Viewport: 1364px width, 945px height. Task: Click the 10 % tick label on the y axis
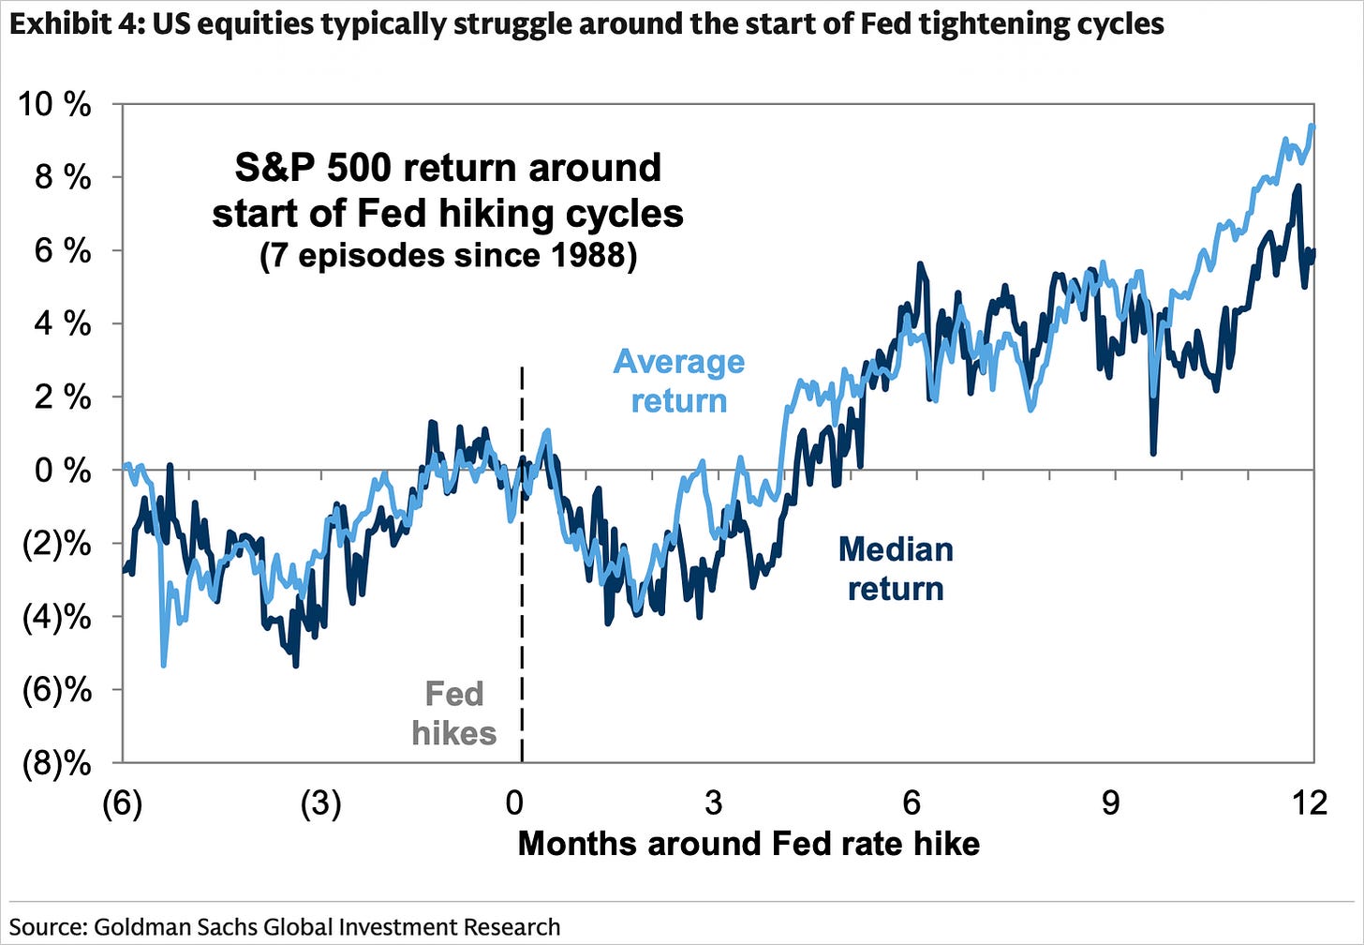[x=54, y=104]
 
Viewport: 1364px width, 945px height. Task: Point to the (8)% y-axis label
[x=56, y=764]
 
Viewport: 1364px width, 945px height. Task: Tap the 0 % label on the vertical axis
[x=63, y=471]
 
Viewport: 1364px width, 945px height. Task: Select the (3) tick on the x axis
[x=321, y=803]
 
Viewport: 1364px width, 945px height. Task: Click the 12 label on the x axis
[x=1310, y=802]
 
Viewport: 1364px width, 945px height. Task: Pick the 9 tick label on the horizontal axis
[x=1111, y=802]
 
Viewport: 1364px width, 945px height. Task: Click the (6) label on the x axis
[x=123, y=803]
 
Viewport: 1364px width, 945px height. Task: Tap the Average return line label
[x=679, y=382]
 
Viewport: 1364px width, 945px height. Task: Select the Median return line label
[x=896, y=569]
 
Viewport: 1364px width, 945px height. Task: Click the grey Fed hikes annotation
[x=454, y=712]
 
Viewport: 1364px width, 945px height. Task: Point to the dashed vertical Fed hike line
[x=523, y=564]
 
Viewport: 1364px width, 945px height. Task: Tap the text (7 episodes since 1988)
[x=448, y=256]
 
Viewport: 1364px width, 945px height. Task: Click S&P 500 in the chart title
[x=312, y=168]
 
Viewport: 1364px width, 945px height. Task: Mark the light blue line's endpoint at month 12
[x=1312, y=127]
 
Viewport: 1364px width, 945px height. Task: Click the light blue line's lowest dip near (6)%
[x=163, y=665]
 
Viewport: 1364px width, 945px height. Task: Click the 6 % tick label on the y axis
[x=63, y=251]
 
